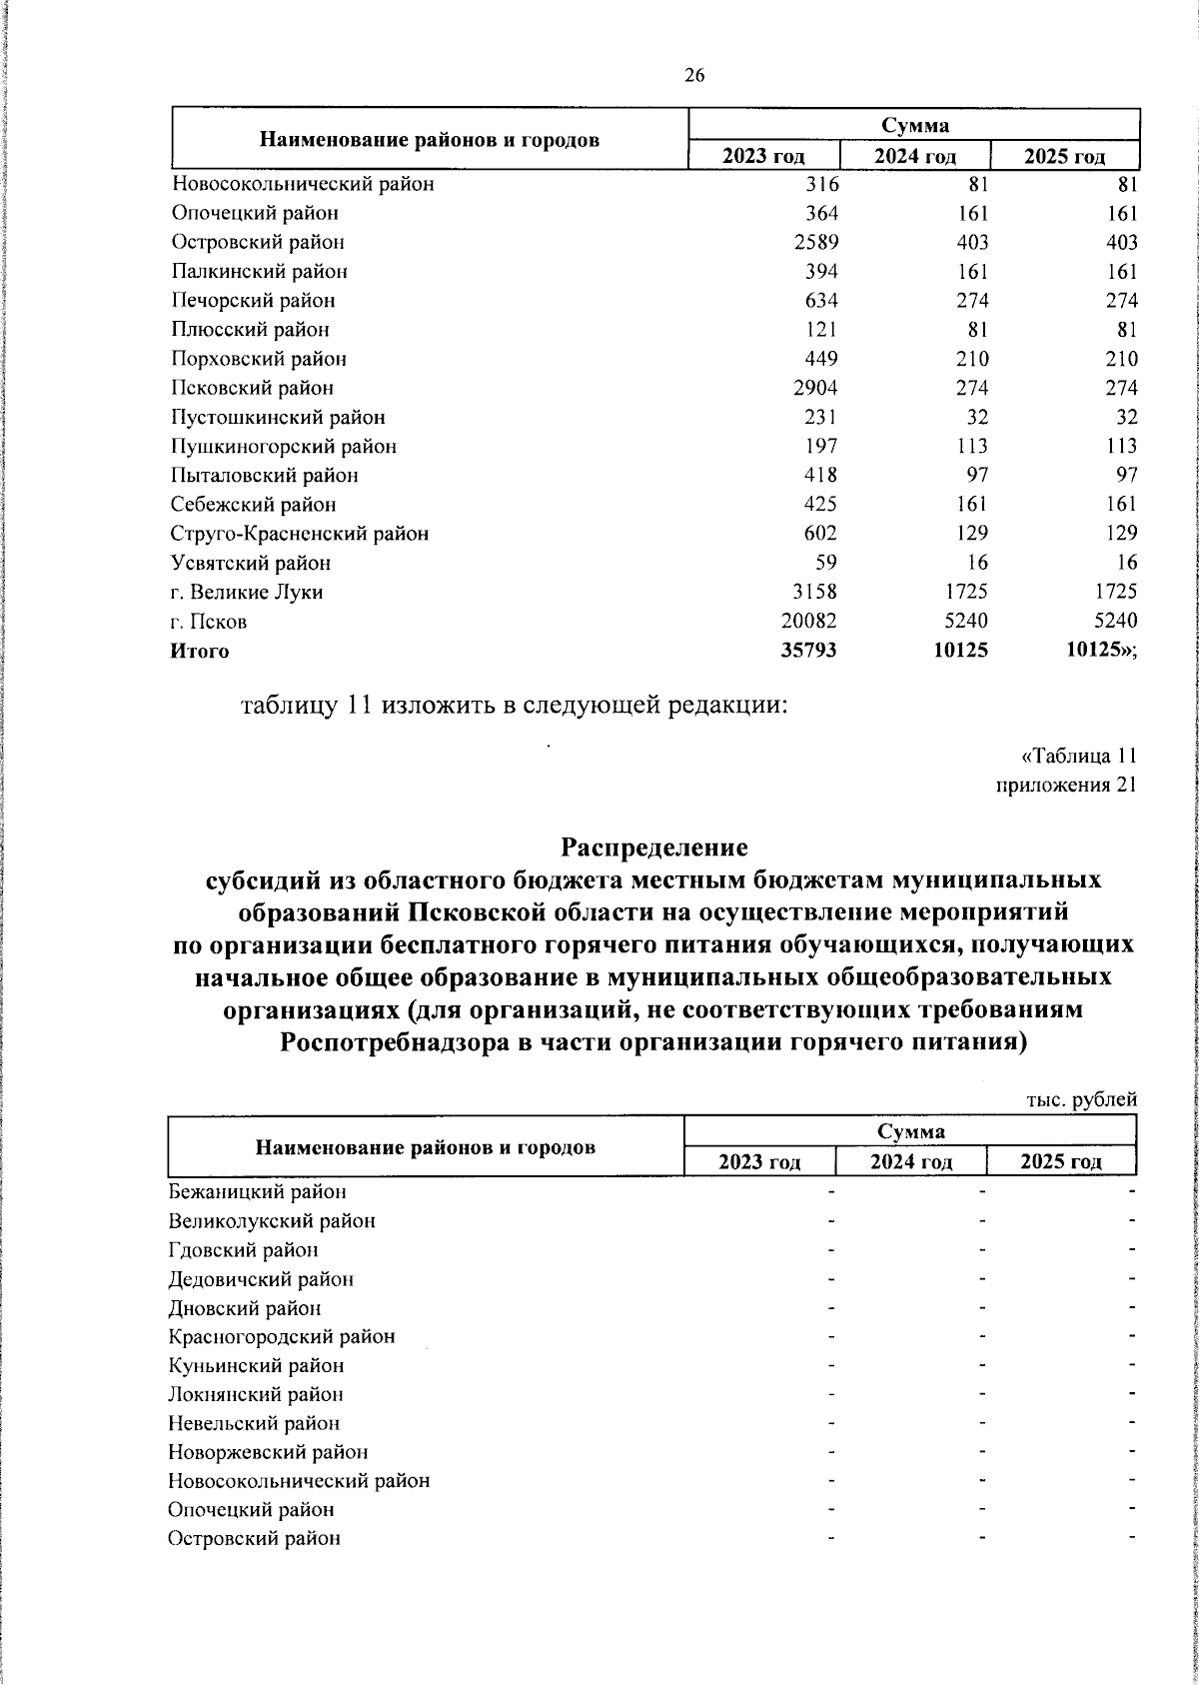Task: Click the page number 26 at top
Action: click(694, 76)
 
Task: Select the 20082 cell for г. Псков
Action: click(808, 622)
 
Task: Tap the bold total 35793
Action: click(808, 652)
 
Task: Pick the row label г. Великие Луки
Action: click(247, 593)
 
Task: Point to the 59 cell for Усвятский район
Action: click(825, 564)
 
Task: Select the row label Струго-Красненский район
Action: click(300, 535)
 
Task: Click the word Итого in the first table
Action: click(200, 652)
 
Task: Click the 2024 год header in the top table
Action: click(914, 157)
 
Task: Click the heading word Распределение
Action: click(653, 848)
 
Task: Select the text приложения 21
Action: click(1067, 786)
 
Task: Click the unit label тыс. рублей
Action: click(1082, 1100)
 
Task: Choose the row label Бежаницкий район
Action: click(258, 1192)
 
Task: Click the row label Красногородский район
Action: click(282, 1337)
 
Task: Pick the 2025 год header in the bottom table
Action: click(1060, 1161)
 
